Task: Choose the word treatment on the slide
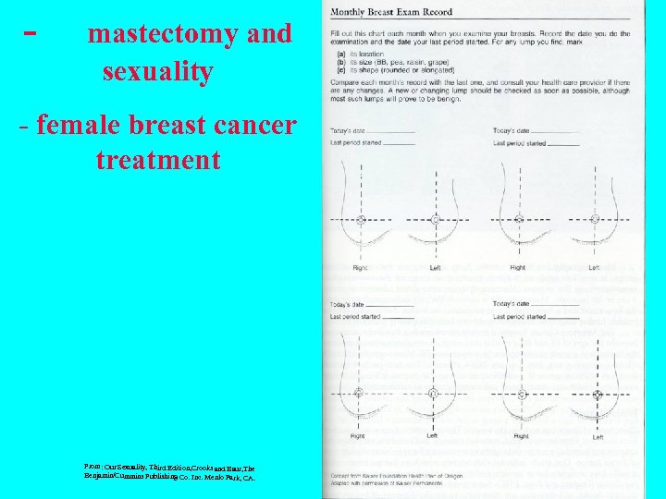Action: pyautogui.click(x=157, y=160)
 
